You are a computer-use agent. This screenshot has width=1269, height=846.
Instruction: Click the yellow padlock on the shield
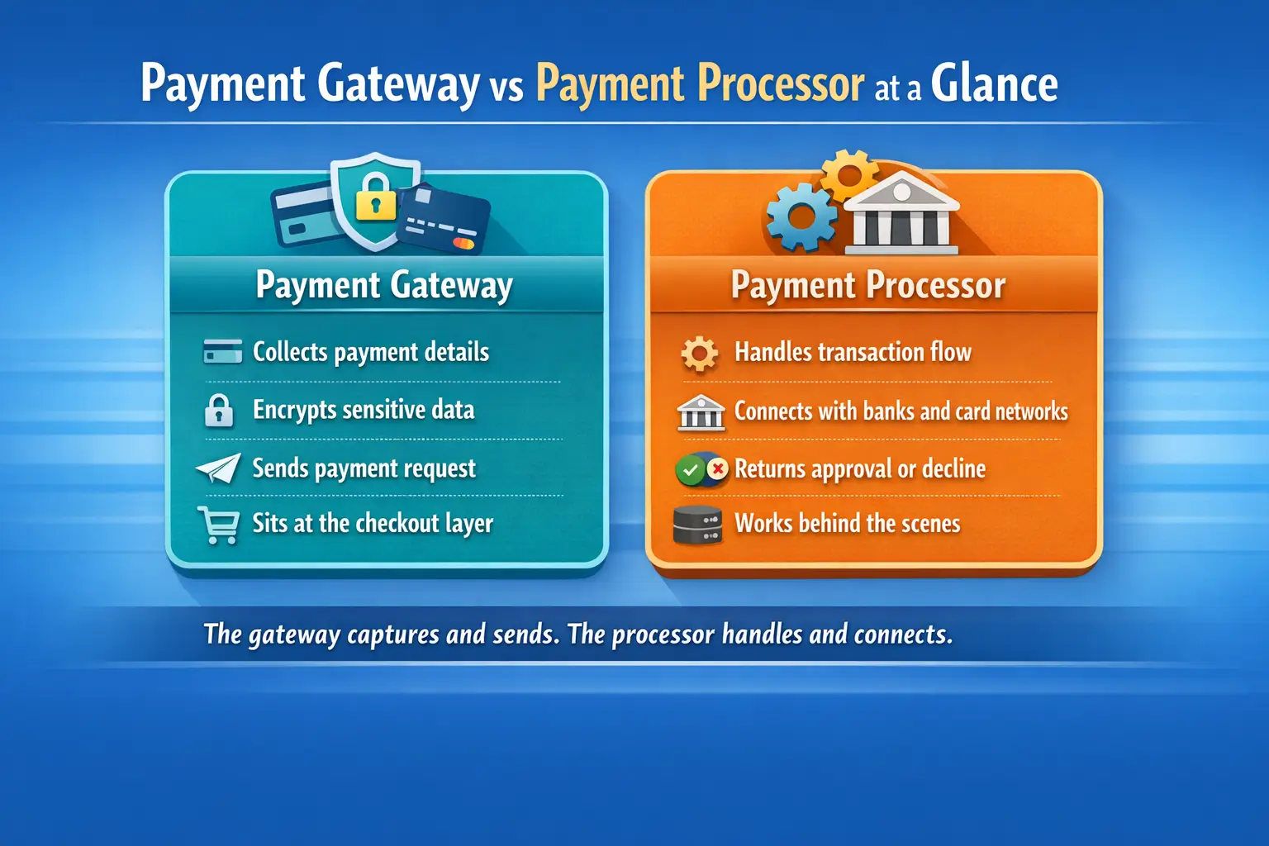[x=376, y=197]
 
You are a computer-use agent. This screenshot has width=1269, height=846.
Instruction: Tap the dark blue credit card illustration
[x=443, y=219]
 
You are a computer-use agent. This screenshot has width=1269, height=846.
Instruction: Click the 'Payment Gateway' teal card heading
[x=384, y=285]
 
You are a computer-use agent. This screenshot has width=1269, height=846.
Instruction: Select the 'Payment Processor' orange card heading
[x=868, y=285]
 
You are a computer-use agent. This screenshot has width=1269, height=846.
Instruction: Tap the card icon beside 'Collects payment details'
[x=222, y=351]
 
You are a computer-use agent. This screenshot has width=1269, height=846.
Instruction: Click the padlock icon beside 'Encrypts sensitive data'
[x=219, y=410]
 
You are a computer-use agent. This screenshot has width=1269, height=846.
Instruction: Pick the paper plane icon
[x=218, y=468]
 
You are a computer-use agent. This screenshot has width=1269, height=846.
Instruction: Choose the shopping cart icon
[x=219, y=525]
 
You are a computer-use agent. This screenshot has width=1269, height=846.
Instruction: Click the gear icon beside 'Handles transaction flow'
[x=699, y=354]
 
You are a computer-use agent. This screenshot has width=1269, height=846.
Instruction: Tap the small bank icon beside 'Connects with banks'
[x=701, y=411]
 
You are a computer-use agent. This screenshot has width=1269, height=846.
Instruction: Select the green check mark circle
[x=690, y=470]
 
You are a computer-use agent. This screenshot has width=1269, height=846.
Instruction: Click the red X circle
[x=717, y=469]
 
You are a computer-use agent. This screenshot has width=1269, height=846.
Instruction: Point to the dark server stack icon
[x=697, y=525]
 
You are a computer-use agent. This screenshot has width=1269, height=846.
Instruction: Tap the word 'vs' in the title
[x=506, y=88]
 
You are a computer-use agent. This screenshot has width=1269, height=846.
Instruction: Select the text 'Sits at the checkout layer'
[x=373, y=524]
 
